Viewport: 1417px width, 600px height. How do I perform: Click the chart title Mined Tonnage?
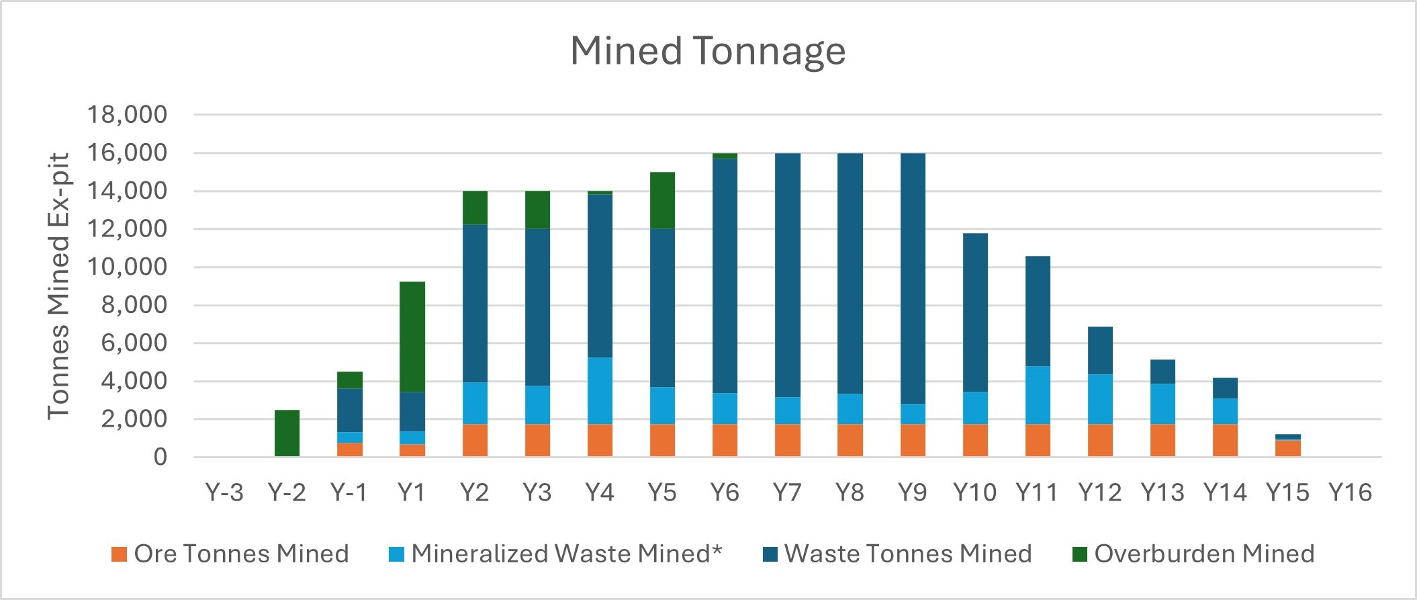click(708, 51)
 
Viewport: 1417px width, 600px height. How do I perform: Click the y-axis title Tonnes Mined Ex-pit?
click(59, 286)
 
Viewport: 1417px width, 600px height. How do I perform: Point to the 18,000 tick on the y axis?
click(127, 115)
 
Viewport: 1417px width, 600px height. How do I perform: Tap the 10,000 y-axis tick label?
click(127, 267)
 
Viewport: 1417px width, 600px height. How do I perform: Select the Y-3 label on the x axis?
click(224, 492)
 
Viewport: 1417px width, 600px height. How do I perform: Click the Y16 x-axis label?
click(1350, 492)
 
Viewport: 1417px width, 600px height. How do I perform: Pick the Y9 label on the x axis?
click(912, 492)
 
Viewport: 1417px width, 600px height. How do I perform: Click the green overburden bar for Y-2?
click(287, 433)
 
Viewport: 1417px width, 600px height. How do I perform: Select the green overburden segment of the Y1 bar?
click(412, 336)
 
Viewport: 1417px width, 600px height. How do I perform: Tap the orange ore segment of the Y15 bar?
click(1287, 449)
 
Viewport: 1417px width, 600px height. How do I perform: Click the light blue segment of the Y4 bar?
click(600, 390)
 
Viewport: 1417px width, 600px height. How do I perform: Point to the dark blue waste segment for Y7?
click(787, 275)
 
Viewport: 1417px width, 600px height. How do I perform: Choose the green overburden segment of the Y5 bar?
click(662, 200)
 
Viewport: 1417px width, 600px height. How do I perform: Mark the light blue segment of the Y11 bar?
click(1038, 395)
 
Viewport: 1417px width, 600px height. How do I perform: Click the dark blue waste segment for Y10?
click(975, 312)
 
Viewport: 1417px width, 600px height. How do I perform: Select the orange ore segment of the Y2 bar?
click(475, 440)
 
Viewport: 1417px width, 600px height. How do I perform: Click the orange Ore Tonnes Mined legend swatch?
click(119, 554)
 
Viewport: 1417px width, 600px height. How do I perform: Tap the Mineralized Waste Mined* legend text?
click(566, 554)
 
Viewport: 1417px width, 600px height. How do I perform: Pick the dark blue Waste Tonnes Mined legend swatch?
click(770, 554)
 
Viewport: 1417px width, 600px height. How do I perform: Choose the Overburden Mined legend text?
click(1203, 554)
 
